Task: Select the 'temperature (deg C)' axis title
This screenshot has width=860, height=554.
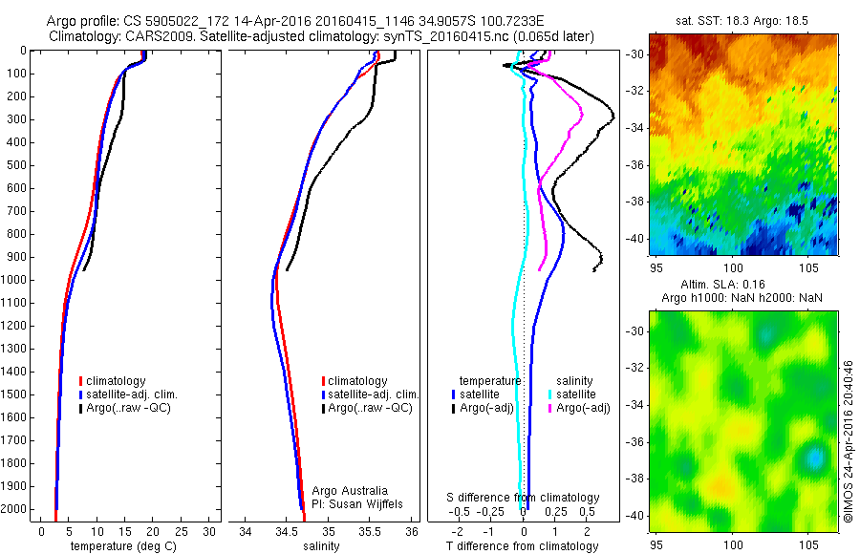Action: click(120, 546)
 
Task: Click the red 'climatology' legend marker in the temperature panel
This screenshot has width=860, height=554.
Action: click(82, 381)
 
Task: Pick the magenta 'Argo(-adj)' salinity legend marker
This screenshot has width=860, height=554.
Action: click(550, 408)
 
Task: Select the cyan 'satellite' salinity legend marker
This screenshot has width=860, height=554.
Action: click(550, 394)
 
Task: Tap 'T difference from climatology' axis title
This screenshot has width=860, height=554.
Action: click(523, 546)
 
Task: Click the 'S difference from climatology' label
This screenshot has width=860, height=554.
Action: click(523, 498)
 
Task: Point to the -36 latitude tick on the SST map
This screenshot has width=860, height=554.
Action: click(635, 164)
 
